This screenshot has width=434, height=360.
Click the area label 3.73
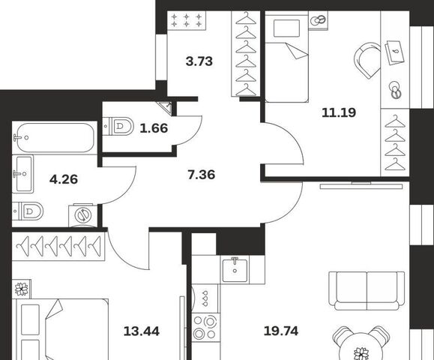pos(199,61)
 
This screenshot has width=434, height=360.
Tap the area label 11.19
pos(339,112)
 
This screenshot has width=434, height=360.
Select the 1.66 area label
pos(154,128)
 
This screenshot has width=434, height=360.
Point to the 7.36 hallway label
pos(201,175)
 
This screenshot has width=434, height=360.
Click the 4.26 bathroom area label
pos(64,179)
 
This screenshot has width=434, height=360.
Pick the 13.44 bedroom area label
pos(142,331)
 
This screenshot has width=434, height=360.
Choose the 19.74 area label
pos(281,331)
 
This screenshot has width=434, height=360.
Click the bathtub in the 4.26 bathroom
pos(55,138)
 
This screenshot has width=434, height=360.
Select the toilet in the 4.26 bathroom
pos(28,211)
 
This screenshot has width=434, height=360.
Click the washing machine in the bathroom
pos(82,215)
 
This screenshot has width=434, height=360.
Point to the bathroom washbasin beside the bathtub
pos(22,174)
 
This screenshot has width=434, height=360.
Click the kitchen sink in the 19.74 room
pos(235,269)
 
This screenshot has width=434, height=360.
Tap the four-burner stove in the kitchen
pos(205,328)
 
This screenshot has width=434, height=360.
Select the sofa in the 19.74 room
pos(367,291)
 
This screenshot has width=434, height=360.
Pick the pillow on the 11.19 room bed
pos(286,28)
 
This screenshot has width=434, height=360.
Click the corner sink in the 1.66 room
pos(166,107)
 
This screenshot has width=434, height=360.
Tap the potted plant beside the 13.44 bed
pos(22,289)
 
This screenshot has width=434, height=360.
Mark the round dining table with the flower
pos(361,348)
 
